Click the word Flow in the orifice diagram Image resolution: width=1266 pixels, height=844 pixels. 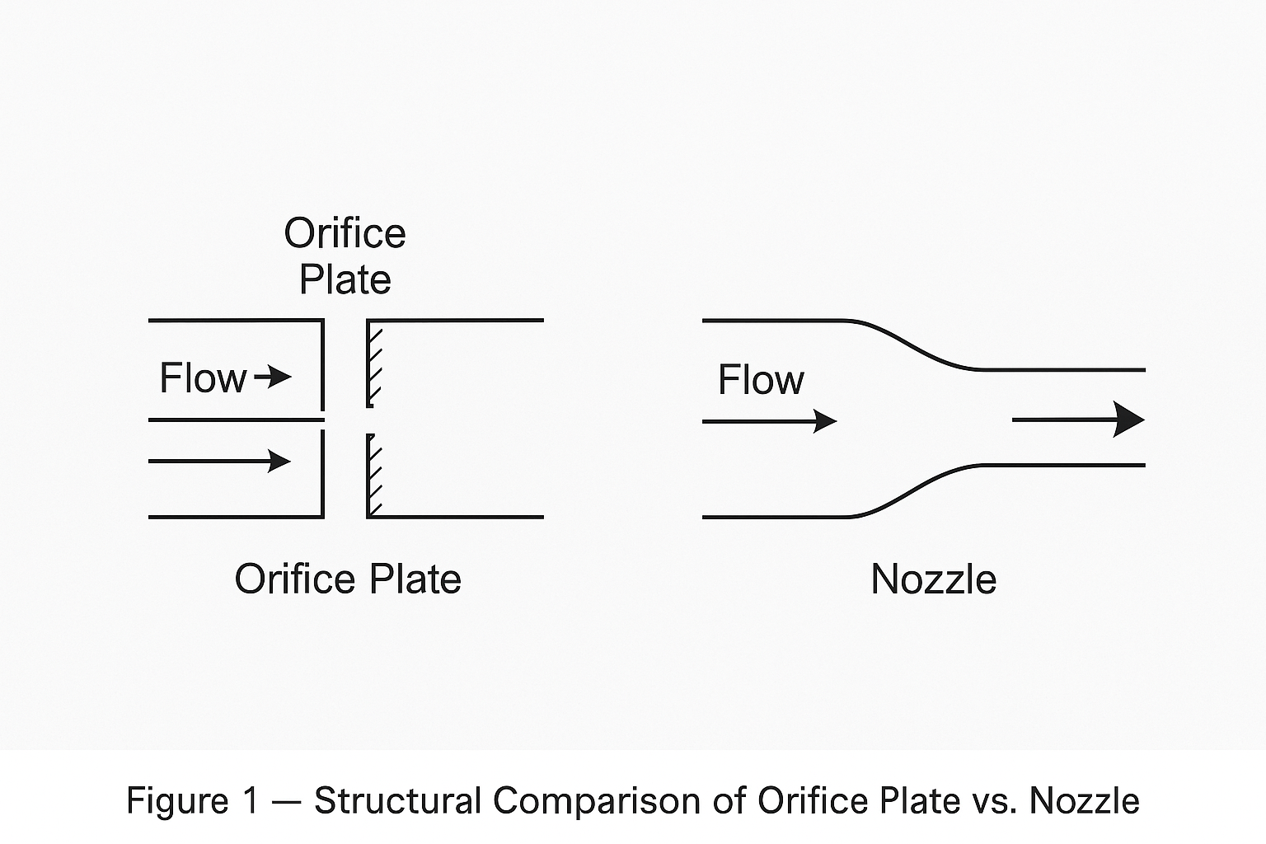point(203,378)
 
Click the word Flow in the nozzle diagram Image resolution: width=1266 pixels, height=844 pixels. point(760,380)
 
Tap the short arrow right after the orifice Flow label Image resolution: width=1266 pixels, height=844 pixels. point(274,377)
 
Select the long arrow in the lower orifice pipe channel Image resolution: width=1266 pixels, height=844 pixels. point(220,461)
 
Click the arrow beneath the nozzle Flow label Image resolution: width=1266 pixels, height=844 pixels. point(769,421)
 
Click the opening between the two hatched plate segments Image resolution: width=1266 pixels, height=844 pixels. point(370,420)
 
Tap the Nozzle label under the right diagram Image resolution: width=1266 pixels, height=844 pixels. point(933,579)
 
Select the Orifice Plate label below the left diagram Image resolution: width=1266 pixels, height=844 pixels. point(347,579)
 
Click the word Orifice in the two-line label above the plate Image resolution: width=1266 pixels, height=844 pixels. point(345,234)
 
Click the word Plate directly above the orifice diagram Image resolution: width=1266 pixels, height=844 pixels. point(345,279)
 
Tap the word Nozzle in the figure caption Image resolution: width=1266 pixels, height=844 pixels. point(1084,801)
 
